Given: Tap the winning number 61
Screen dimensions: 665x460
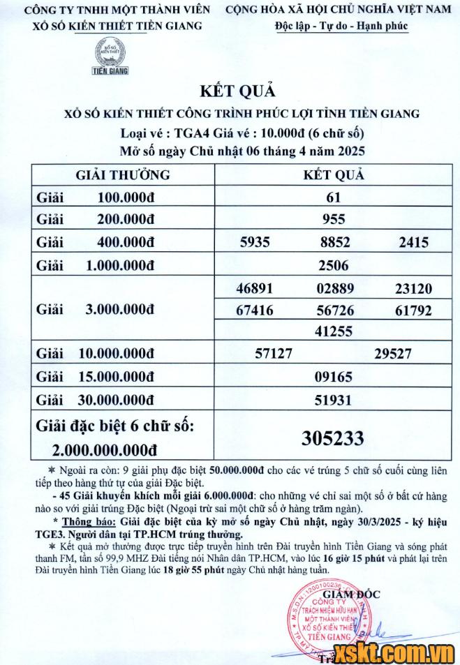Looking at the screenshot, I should pyautogui.click(x=334, y=197).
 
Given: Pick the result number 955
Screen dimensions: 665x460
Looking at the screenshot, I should pyautogui.click(x=334, y=220).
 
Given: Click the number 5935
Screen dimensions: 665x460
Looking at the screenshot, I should pyautogui.click(x=255, y=242).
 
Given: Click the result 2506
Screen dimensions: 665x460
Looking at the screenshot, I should pyautogui.click(x=334, y=265).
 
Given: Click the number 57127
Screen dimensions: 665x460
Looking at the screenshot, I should pyautogui.click(x=274, y=354).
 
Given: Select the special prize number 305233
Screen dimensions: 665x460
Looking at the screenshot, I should pyautogui.click(x=333, y=438).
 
